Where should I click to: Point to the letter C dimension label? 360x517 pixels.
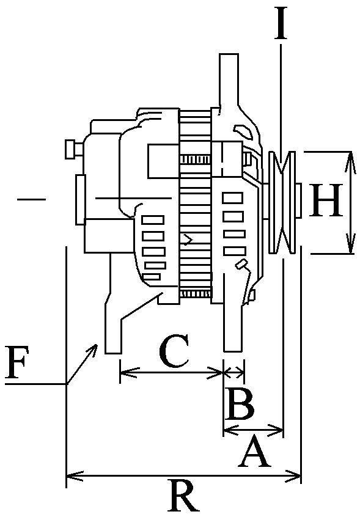tap(173, 353)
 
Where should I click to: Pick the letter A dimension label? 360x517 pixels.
tap(255, 452)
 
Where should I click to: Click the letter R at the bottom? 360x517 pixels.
tap(183, 497)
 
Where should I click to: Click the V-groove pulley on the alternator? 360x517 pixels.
tap(283, 202)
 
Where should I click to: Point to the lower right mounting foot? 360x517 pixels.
tap(233, 324)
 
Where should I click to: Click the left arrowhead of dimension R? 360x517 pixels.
tap(68, 475)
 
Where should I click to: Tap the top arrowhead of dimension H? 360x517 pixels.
tap(351, 155)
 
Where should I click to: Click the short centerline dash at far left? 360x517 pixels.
tap(32, 198)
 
